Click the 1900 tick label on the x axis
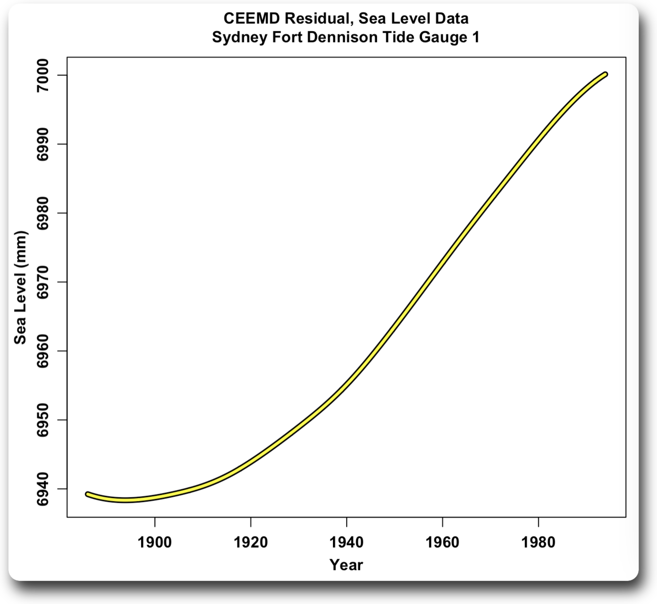tap(155, 542)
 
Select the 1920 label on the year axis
tap(251, 542)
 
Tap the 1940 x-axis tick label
tap(346, 542)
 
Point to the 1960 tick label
tap(442, 542)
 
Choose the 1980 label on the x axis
tap(538, 542)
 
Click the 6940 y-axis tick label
tap(44, 489)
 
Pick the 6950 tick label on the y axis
tap(44, 420)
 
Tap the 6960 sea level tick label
tap(44, 351)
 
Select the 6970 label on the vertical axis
tap(44, 282)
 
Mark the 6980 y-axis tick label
tap(44, 213)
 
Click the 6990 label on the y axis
tap(44, 144)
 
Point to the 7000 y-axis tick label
tap(44, 75)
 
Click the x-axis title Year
tap(346, 564)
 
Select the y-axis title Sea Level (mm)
tap(20, 287)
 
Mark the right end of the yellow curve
tap(606, 74)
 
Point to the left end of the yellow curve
tap(87, 494)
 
